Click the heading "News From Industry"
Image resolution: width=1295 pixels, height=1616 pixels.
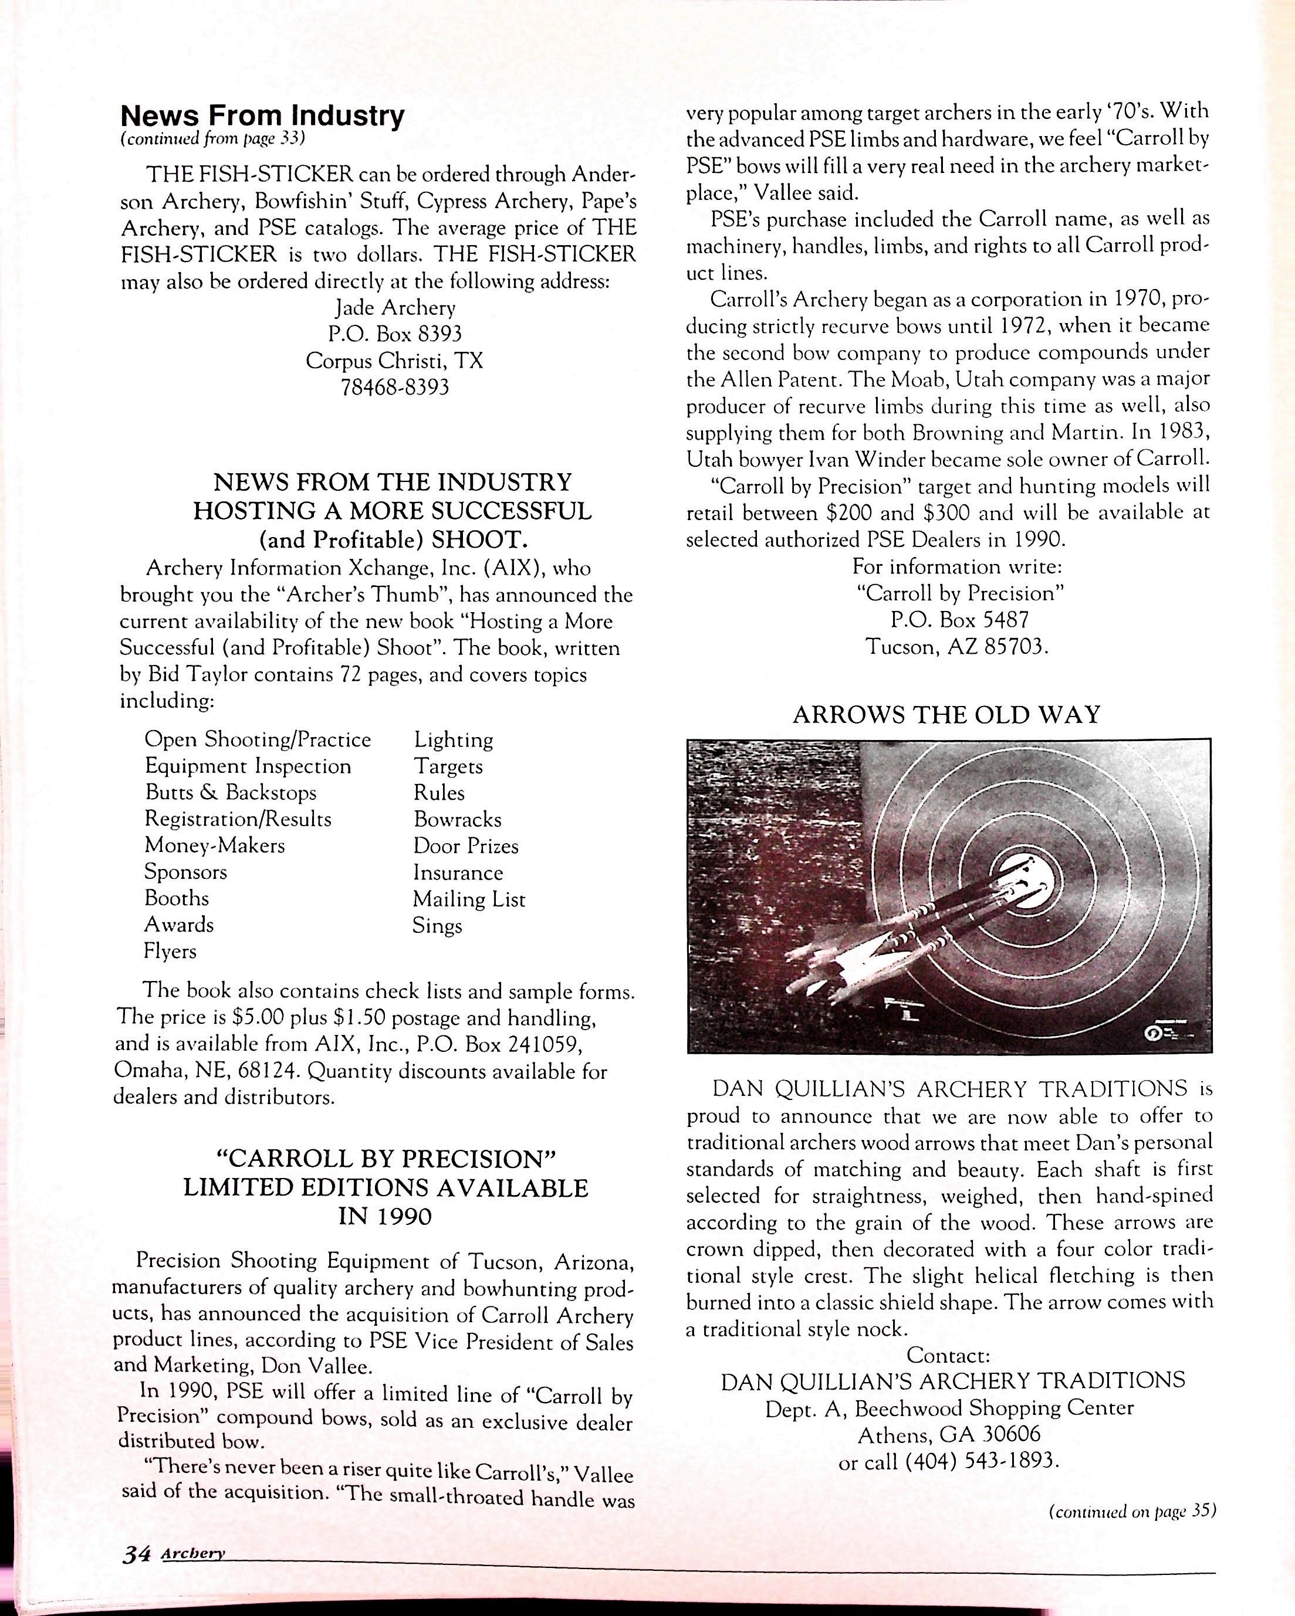[x=262, y=116]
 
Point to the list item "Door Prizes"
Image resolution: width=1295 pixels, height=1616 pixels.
[x=466, y=846]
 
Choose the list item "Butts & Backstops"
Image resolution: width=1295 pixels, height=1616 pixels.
[x=230, y=792]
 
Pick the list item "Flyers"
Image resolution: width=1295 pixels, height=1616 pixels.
[x=170, y=951]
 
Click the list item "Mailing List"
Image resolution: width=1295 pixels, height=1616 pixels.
[x=469, y=899]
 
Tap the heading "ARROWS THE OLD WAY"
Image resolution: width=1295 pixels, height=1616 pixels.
[x=946, y=715]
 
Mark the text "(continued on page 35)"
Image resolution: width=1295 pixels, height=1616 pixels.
[x=1131, y=1511]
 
